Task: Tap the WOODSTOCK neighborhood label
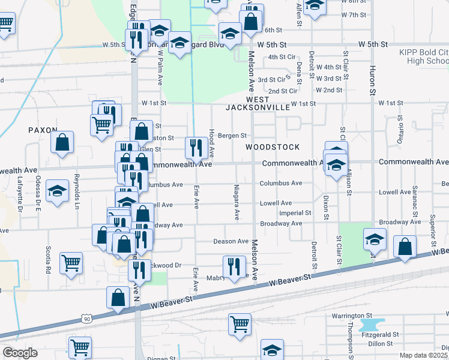tap(267, 147)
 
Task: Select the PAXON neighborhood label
tap(42, 130)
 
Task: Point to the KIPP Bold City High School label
tap(424, 57)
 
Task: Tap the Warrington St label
tap(352, 316)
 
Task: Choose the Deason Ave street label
tap(231, 241)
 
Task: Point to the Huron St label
tap(372, 78)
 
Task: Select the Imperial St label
tap(295, 213)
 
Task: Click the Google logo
tap(20, 353)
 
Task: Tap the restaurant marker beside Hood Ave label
tap(196, 146)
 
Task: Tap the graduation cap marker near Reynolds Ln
tap(58, 191)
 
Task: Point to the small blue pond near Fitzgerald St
tap(367, 325)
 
